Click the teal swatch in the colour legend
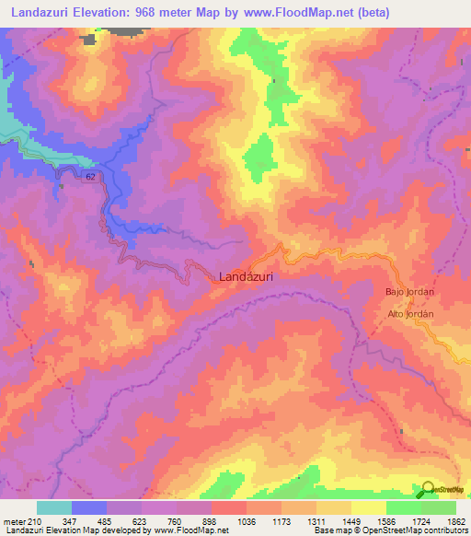(54, 507)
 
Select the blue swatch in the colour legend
(89, 507)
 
